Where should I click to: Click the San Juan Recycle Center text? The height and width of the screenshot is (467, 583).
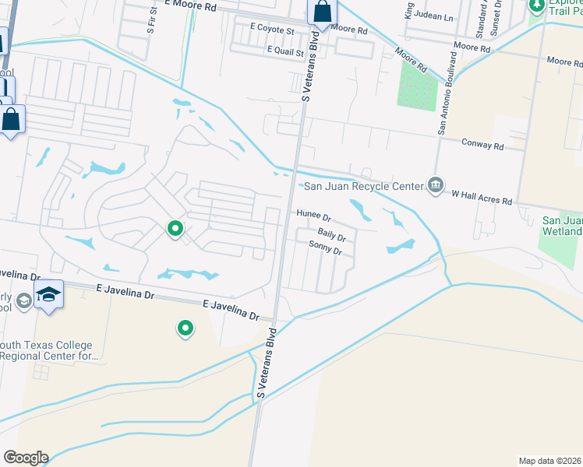(362, 185)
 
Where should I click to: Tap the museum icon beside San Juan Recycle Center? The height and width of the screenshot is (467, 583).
(436, 185)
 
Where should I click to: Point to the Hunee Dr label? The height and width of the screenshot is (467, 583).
(313, 214)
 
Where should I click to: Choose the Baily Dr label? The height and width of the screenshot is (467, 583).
(330, 233)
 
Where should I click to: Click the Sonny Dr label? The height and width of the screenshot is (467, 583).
(325, 249)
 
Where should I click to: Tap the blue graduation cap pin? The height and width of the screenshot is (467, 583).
(48, 294)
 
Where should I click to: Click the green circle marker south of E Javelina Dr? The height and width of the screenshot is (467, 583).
(185, 329)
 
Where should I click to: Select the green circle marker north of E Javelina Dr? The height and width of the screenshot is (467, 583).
(175, 229)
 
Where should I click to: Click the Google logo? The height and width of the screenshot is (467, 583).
(26, 458)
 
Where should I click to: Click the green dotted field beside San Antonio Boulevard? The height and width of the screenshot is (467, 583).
(418, 85)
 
